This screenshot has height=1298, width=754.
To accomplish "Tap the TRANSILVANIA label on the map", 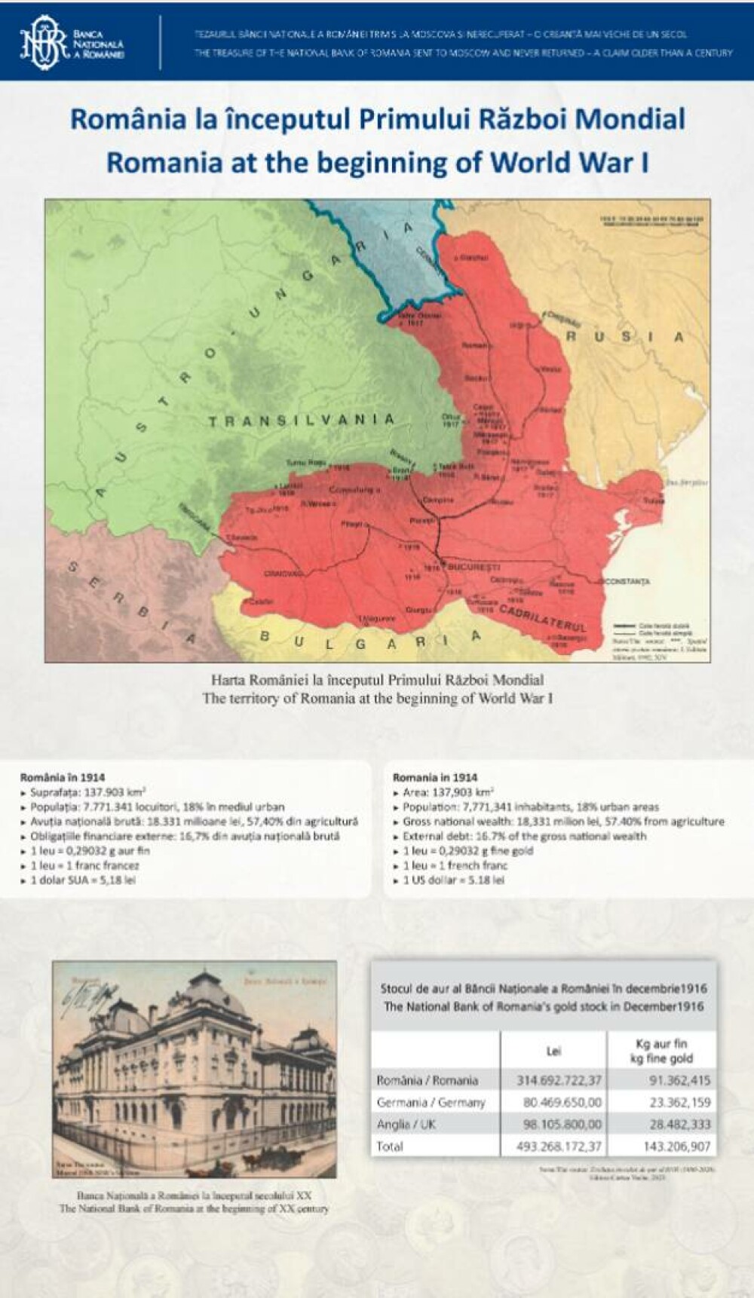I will pos(302,421).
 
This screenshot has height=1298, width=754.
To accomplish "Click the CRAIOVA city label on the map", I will pos(284,574).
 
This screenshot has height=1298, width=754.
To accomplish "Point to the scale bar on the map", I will pos(651,219).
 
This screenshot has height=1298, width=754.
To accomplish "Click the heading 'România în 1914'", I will pos(63,777).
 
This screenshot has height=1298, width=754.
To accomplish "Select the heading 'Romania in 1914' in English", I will pos(435,777).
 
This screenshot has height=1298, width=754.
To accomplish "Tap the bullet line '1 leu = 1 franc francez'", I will pos(84,865).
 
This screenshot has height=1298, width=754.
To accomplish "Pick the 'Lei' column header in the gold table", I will pos(553,1051).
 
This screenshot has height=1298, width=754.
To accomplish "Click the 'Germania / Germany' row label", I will pos(431,1102).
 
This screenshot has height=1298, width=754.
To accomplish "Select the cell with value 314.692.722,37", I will pos(559,1080).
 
